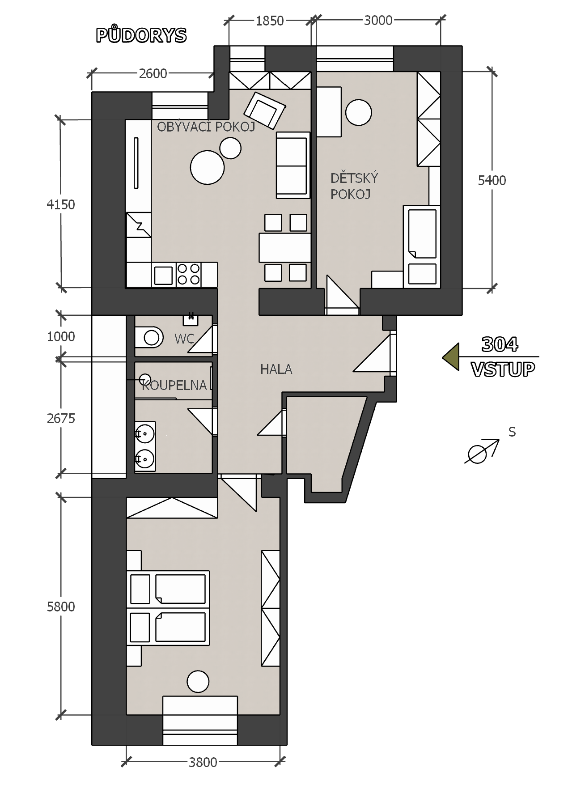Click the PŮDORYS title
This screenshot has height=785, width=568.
coord(141,35)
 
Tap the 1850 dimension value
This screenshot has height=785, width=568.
coord(270,21)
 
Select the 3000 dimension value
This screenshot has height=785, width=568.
coord(378,21)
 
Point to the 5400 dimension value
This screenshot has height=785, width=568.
coord(492,180)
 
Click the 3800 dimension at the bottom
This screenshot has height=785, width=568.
coord(203,762)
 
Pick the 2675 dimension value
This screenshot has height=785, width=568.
coord(61,419)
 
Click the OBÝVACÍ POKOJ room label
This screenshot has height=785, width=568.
coord(206,127)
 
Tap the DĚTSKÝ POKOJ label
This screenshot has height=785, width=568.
coord(354,186)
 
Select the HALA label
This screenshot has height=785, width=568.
coord(276,369)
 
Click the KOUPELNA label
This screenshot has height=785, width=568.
coord(174,385)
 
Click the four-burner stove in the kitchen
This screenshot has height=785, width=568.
coord(188,274)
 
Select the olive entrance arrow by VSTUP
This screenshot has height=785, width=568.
coord(451,357)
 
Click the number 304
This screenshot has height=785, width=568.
coord(500,344)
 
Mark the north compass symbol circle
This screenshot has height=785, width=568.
coord(477,454)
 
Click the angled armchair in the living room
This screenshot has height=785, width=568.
coord(264,110)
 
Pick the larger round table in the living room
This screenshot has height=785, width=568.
coord(207,167)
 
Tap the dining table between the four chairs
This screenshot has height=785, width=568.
coord(284,248)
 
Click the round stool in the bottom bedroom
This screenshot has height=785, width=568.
coord(198,682)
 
